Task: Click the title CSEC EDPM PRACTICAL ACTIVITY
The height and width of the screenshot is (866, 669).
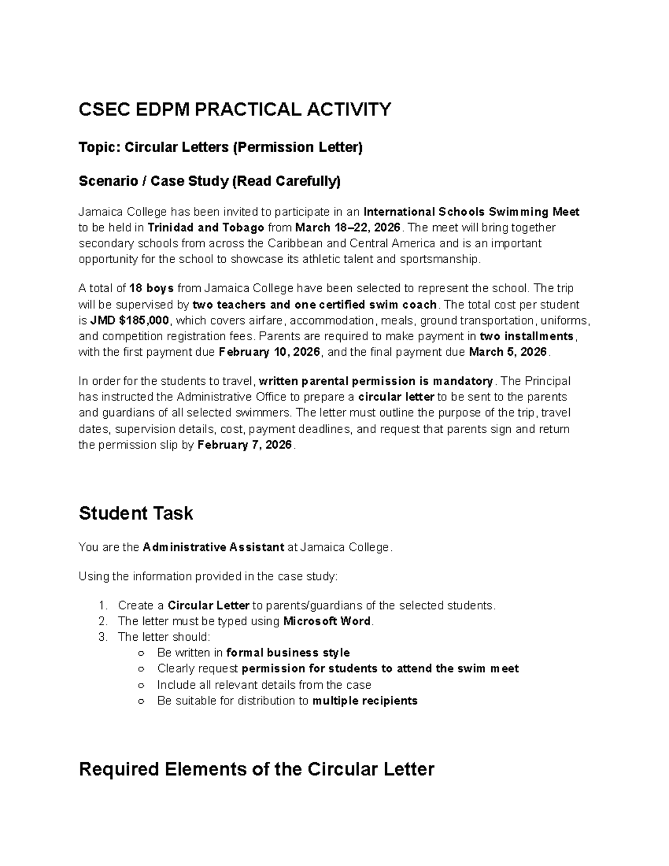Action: point(235,109)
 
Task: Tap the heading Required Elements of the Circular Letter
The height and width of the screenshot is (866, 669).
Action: point(256,769)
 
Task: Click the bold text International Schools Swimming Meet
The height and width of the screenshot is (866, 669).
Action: point(471,212)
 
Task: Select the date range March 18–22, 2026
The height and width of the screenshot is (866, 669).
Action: point(347,228)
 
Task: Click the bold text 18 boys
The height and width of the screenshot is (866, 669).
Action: point(152,288)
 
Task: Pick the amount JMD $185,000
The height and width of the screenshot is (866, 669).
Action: point(130,320)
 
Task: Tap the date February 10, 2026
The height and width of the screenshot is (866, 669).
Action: point(270,352)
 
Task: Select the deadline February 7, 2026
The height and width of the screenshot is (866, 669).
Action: point(245,445)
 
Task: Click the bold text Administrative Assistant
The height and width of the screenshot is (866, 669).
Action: point(214,547)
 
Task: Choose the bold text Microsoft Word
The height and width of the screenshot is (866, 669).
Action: point(327,621)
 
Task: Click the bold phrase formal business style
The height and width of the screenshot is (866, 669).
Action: point(288,652)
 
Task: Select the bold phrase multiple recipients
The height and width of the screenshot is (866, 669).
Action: point(365,700)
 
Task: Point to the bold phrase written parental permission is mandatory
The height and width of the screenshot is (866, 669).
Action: point(376,381)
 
